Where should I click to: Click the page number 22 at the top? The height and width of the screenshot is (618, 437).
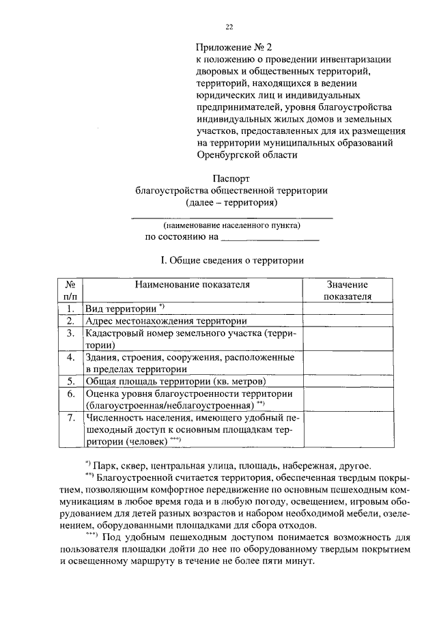(229, 27)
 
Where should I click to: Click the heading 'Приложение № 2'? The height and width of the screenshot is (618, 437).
(234, 47)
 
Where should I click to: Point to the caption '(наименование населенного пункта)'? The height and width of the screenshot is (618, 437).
(231, 225)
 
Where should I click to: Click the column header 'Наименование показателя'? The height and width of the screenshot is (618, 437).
(192, 284)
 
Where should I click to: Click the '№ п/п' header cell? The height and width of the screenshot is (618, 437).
(70, 290)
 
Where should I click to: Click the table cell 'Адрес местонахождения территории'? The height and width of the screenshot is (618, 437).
(166, 321)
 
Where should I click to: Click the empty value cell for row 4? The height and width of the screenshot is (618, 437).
(347, 363)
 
